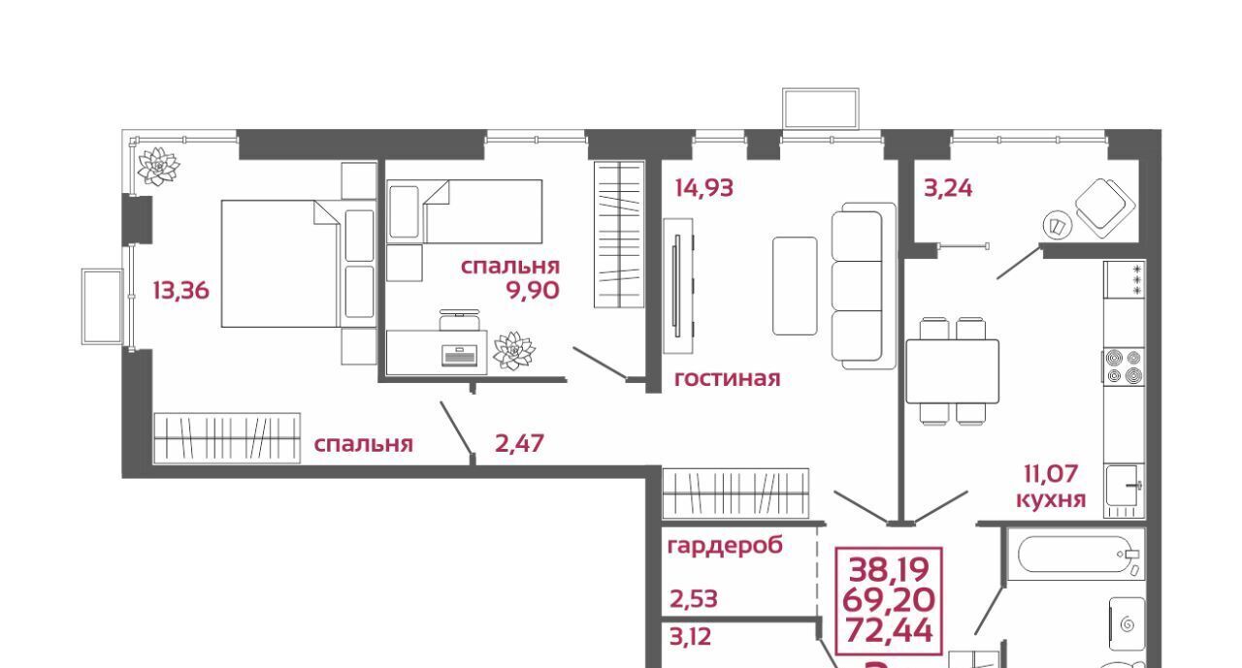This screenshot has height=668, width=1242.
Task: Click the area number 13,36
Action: tap(180, 290)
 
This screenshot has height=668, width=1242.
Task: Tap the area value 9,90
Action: tap(533, 290)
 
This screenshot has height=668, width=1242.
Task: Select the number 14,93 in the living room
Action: tap(703, 188)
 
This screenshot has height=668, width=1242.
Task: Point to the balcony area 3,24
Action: tap(948, 188)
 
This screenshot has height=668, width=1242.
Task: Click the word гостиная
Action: tap(727, 379)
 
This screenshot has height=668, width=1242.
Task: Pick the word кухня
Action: tap(1051, 499)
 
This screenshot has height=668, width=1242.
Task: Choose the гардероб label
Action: tap(725, 546)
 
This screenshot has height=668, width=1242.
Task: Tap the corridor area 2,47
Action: tap(519, 443)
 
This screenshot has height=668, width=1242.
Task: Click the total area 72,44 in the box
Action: tap(888, 631)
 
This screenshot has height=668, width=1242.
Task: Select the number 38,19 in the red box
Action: tap(888, 569)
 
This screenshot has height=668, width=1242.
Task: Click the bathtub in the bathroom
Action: tap(1076, 554)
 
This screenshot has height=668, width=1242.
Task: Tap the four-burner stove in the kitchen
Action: tap(1124, 366)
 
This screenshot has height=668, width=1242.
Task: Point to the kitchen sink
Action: tap(1125, 491)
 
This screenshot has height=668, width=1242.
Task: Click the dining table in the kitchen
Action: tap(952, 371)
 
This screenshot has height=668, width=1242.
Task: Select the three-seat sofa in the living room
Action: tap(864, 286)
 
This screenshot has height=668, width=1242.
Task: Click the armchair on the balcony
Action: tap(1104, 207)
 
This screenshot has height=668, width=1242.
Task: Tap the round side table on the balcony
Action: tap(1058, 226)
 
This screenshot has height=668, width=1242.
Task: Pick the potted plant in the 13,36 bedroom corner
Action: tap(158, 166)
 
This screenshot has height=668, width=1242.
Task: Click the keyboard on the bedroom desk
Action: tap(459, 356)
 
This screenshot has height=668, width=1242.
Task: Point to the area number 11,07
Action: tap(1050, 474)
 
